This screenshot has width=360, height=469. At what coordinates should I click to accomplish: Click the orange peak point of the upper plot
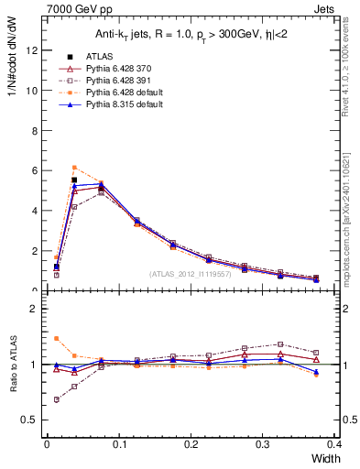pos(74,167)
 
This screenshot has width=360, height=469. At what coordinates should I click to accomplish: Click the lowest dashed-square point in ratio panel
pos(57,399)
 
